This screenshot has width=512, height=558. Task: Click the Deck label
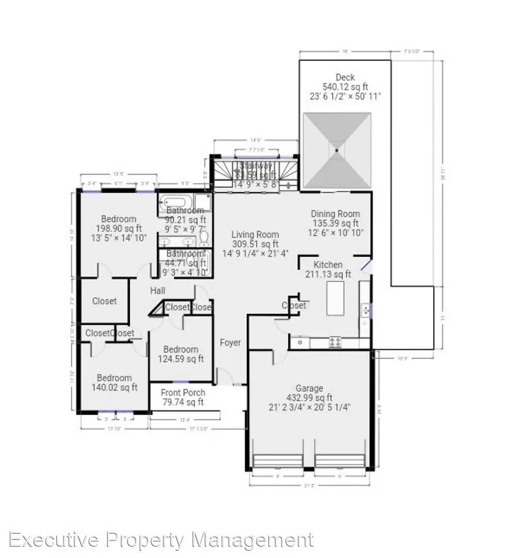coord(344,78)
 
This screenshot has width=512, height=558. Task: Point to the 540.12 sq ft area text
coord(345,87)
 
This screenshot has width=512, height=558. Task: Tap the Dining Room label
coord(335,214)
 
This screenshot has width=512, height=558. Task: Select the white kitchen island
coord(336,298)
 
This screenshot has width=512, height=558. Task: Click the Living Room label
coord(255,235)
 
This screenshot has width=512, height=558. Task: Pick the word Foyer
coord(230,343)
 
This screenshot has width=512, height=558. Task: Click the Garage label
coord(309,388)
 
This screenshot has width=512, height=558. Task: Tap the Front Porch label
coord(183,393)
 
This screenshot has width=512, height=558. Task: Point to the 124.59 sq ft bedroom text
coord(181,359)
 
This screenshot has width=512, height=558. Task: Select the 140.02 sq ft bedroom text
coord(114,388)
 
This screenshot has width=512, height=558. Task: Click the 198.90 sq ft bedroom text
coord(118,228)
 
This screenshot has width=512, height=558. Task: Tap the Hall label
coord(158,291)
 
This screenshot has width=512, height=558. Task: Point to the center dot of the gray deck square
coord(337,150)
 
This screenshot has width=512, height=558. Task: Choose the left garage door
coord(278,460)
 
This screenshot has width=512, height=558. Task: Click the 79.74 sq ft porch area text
coord(183,402)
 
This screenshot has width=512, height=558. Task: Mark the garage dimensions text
coord(310,407)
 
